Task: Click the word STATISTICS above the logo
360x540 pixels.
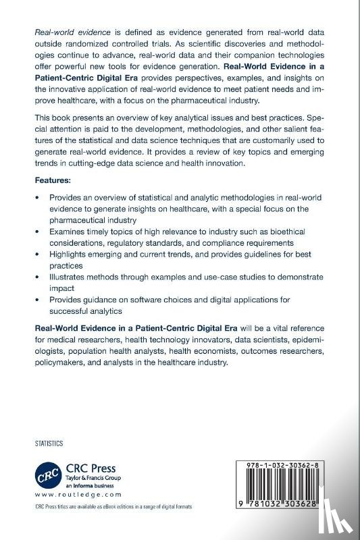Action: point(49,443)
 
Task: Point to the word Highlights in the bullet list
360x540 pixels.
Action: point(69,254)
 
